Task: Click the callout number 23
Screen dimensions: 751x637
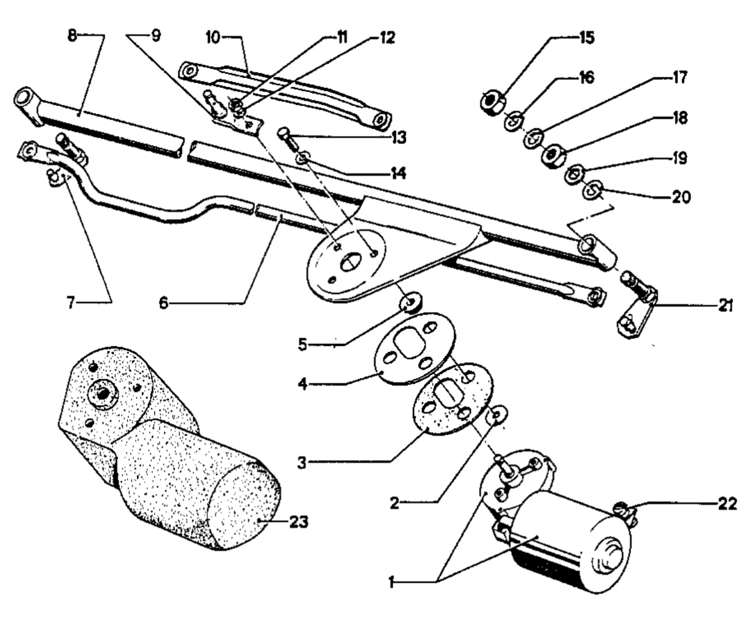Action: pyautogui.click(x=299, y=522)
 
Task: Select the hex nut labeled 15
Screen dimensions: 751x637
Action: pyautogui.click(x=493, y=102)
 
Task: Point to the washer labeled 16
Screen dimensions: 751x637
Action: pyautogui.click(x=513, y=121)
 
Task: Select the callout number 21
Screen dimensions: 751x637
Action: pyautogui.click(x=725, y=306)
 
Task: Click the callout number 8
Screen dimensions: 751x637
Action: pyautogui.click(x=73, y=36)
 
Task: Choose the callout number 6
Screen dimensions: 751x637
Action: pyautogui.click(x=164, y=302)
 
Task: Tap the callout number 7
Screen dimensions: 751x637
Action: pyautogui.click(x=71, y=302)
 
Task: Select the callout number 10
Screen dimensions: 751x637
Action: pyautogui.click(x=213, y=37)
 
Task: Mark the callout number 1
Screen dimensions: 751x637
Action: pyautogui.click(x=391, y=583)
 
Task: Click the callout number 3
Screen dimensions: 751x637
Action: pyautogui.click(x=302, y=463)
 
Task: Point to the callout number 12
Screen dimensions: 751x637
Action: pyautogui.click(x=387, y=38)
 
